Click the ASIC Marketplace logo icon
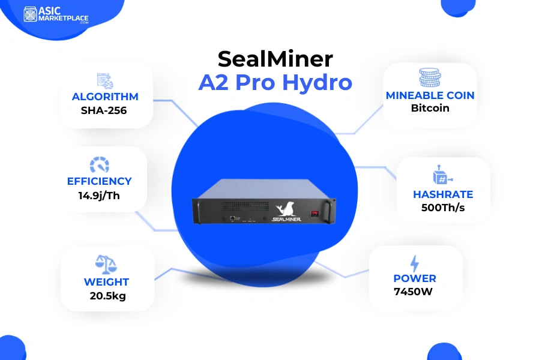point(30,14)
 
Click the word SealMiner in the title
point(275,59)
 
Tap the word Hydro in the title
point(317,83)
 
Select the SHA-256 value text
point(104,110)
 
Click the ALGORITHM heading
point(105,97)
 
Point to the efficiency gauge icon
point(100,164)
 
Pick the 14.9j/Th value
point(99,195)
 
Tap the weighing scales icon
point(106,265)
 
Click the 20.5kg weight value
point(107,296)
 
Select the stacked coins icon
point(430,77)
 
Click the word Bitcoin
point(430,108)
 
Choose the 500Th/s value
point(443,208)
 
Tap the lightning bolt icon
point(415,263)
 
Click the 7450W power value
point(413,292)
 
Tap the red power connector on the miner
point(315,214)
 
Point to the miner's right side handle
point(329,211)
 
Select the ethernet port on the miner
point(233,218)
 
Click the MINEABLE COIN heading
point(430,95)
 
